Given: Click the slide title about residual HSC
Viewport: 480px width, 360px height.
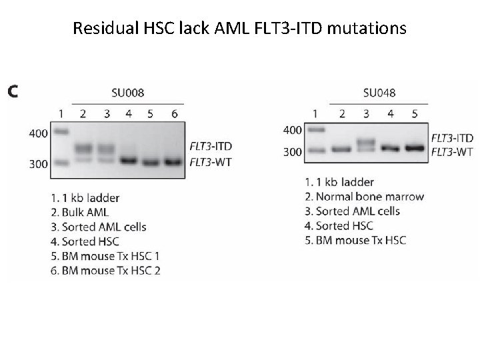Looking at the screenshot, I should click(239, 29).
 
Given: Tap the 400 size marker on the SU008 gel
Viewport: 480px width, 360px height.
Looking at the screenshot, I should click(39, 133).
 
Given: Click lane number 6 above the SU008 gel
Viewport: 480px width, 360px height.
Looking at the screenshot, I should click(175, 114).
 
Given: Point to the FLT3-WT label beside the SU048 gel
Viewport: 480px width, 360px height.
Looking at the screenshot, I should click(452, 151).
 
